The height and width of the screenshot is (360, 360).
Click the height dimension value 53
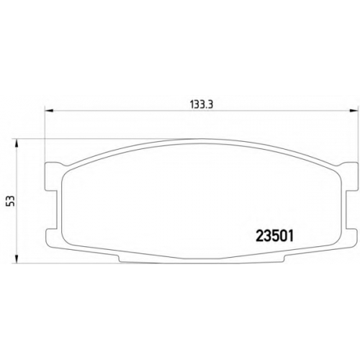click(x=12, y=201)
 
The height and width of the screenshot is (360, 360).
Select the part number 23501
click(x=275, y=236)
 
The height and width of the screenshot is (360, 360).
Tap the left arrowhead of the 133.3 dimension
click(x=49, y=111)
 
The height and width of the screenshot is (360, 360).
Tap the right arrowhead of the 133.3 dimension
click(x=353, y=111)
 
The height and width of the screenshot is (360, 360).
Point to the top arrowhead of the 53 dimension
click(x=17, y=143)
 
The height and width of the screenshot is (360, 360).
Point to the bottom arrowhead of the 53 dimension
click(x=17, y=259)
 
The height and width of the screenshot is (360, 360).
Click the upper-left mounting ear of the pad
click(x=51, y=174)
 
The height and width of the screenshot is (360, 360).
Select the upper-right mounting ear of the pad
click(x=350, y=174)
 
